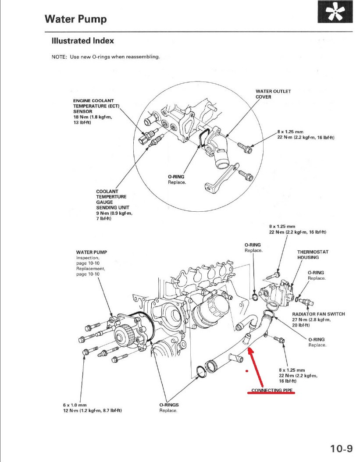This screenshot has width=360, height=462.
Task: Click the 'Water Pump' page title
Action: coord(75,19)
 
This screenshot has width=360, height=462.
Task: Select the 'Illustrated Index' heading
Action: coord(82,41)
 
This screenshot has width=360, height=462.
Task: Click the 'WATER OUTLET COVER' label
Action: coord(273,94)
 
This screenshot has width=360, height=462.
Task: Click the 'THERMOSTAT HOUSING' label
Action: coord(313,255)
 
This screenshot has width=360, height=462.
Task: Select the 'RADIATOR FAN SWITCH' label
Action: coord(318,314)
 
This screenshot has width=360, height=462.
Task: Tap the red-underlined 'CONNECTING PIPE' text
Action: coord(272,390)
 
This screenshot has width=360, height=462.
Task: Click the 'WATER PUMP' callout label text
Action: coord(91,252)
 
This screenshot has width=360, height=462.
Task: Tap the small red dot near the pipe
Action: coord(247,371)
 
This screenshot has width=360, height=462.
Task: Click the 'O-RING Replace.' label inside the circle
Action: coord(176,179)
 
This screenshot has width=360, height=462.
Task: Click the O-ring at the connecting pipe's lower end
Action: coord(201,371)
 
